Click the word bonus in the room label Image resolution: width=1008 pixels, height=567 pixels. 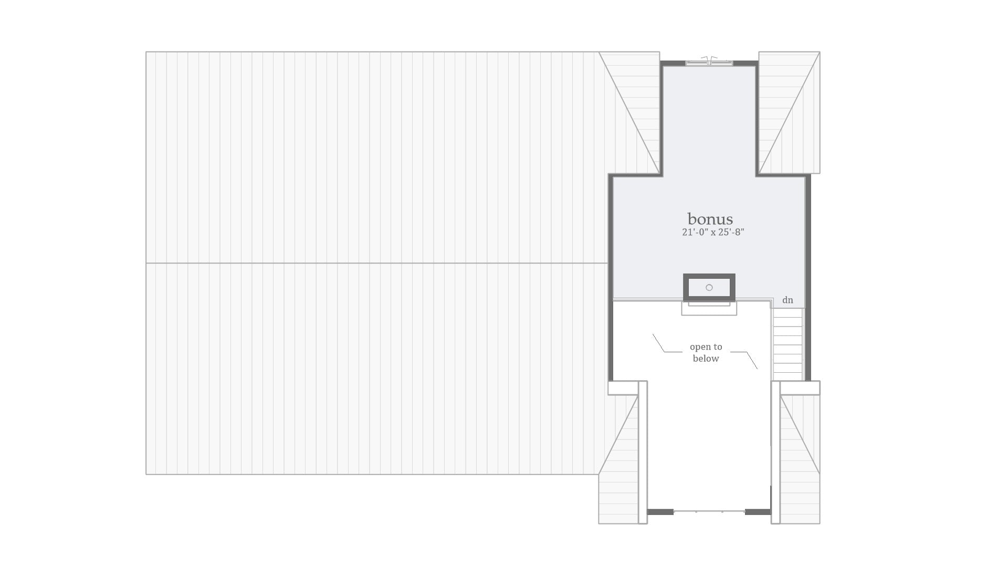click(710, 219)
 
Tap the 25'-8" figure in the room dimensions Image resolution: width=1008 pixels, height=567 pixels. click(731, 232)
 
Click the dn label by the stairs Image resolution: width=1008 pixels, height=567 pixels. click(787, 300)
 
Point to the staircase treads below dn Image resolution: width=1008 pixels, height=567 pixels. click(787, 344)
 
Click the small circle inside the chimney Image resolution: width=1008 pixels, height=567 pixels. click(709, 287)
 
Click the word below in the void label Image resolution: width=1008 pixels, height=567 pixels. click(706, 359)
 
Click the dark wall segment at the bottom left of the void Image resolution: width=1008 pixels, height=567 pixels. click(660, 512)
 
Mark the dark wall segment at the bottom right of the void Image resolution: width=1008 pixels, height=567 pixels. click(758, 512)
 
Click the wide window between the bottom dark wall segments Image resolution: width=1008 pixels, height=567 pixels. click(709, 511)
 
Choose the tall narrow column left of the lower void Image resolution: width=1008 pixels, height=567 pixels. click(643, 452)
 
